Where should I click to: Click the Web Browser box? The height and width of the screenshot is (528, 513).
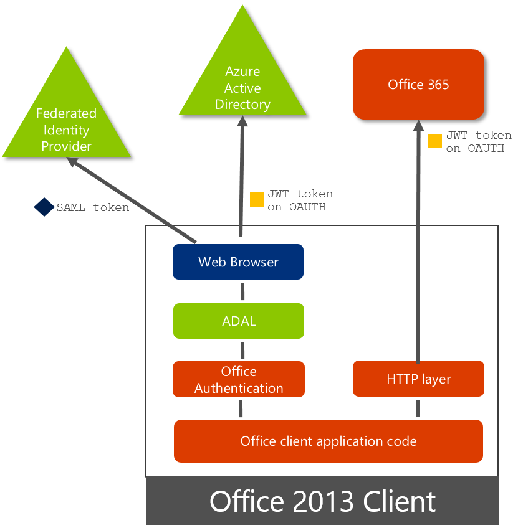238,262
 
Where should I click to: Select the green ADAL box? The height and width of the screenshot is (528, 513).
239,321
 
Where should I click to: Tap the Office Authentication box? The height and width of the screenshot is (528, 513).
239,379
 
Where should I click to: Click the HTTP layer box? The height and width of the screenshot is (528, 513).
418,379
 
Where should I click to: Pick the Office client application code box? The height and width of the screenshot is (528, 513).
328,441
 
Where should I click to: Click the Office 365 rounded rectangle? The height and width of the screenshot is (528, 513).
418,85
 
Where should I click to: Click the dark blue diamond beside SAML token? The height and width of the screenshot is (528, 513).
44,207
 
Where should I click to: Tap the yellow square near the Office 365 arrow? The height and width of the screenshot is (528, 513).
435,141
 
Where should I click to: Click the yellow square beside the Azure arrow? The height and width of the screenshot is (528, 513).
257,199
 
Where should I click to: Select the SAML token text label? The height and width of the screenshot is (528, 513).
93,207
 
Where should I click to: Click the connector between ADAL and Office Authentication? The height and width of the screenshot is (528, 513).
241,350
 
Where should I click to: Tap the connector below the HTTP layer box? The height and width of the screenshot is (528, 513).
417,408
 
